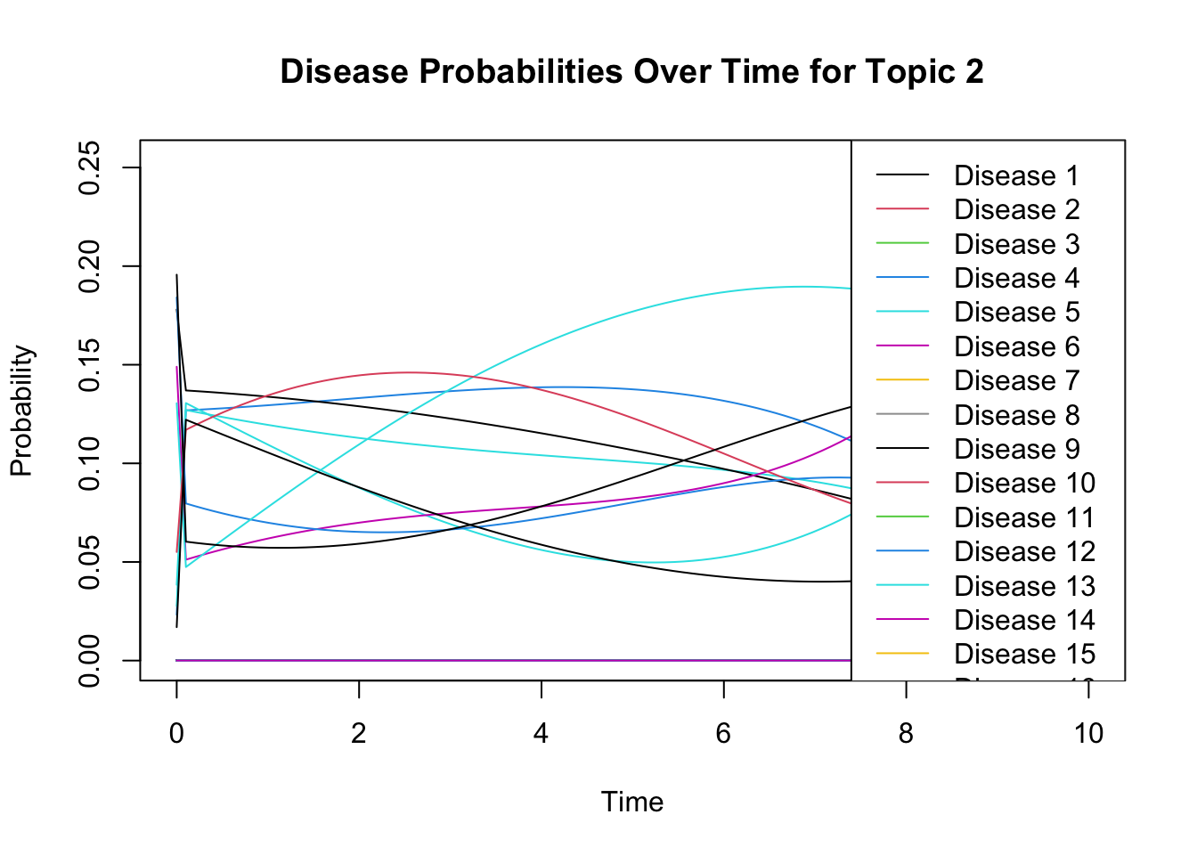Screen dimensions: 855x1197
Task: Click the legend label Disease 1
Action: click(x=1015, y=176)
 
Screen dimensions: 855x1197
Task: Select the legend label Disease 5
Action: click(x=1015, y=313)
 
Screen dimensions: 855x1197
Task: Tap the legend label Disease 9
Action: click(x=1015, y=449)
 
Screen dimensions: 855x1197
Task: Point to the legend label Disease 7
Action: click(x=1015, y=381)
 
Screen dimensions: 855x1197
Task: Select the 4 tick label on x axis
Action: click(x=541, y=733)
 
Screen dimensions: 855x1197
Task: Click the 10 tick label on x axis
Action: click(x=1088, y=733)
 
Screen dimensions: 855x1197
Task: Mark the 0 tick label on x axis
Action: click(x=176, y=733)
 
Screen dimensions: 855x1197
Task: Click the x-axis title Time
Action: click(x=632, y=802)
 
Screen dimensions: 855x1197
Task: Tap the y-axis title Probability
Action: click(x=21, y=411)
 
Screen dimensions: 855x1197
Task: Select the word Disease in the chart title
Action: click(x=344, y=72)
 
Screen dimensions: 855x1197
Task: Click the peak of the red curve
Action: click(x=409, y=372)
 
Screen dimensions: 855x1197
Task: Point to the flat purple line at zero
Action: click(x=513, y=660)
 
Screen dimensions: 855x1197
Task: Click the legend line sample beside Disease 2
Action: click(x=902, y=210)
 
